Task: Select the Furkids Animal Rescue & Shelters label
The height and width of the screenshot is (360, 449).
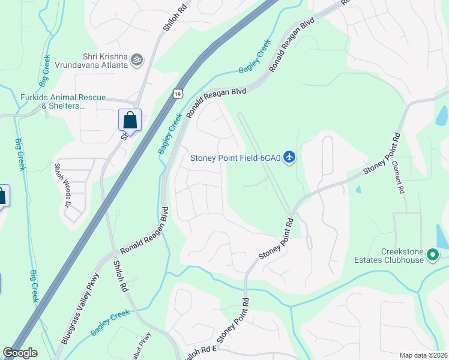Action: click(x=55, y=101)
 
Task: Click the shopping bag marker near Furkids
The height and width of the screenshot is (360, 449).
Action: click(x=130, y=120)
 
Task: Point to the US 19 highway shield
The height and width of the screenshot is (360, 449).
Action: click(x=176, y=93)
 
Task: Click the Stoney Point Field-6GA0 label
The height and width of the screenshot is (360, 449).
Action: click(x=235, y=158)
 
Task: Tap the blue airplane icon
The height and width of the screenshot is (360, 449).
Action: click(x=290, y=157)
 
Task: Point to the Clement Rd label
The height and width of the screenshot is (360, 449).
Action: click(x=399, y=176)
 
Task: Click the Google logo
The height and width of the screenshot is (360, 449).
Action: click(x=20, y=353)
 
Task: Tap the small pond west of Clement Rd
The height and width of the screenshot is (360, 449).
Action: click(x=358, y=189)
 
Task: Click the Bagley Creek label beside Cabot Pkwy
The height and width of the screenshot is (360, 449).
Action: click(x=110, y=323)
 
